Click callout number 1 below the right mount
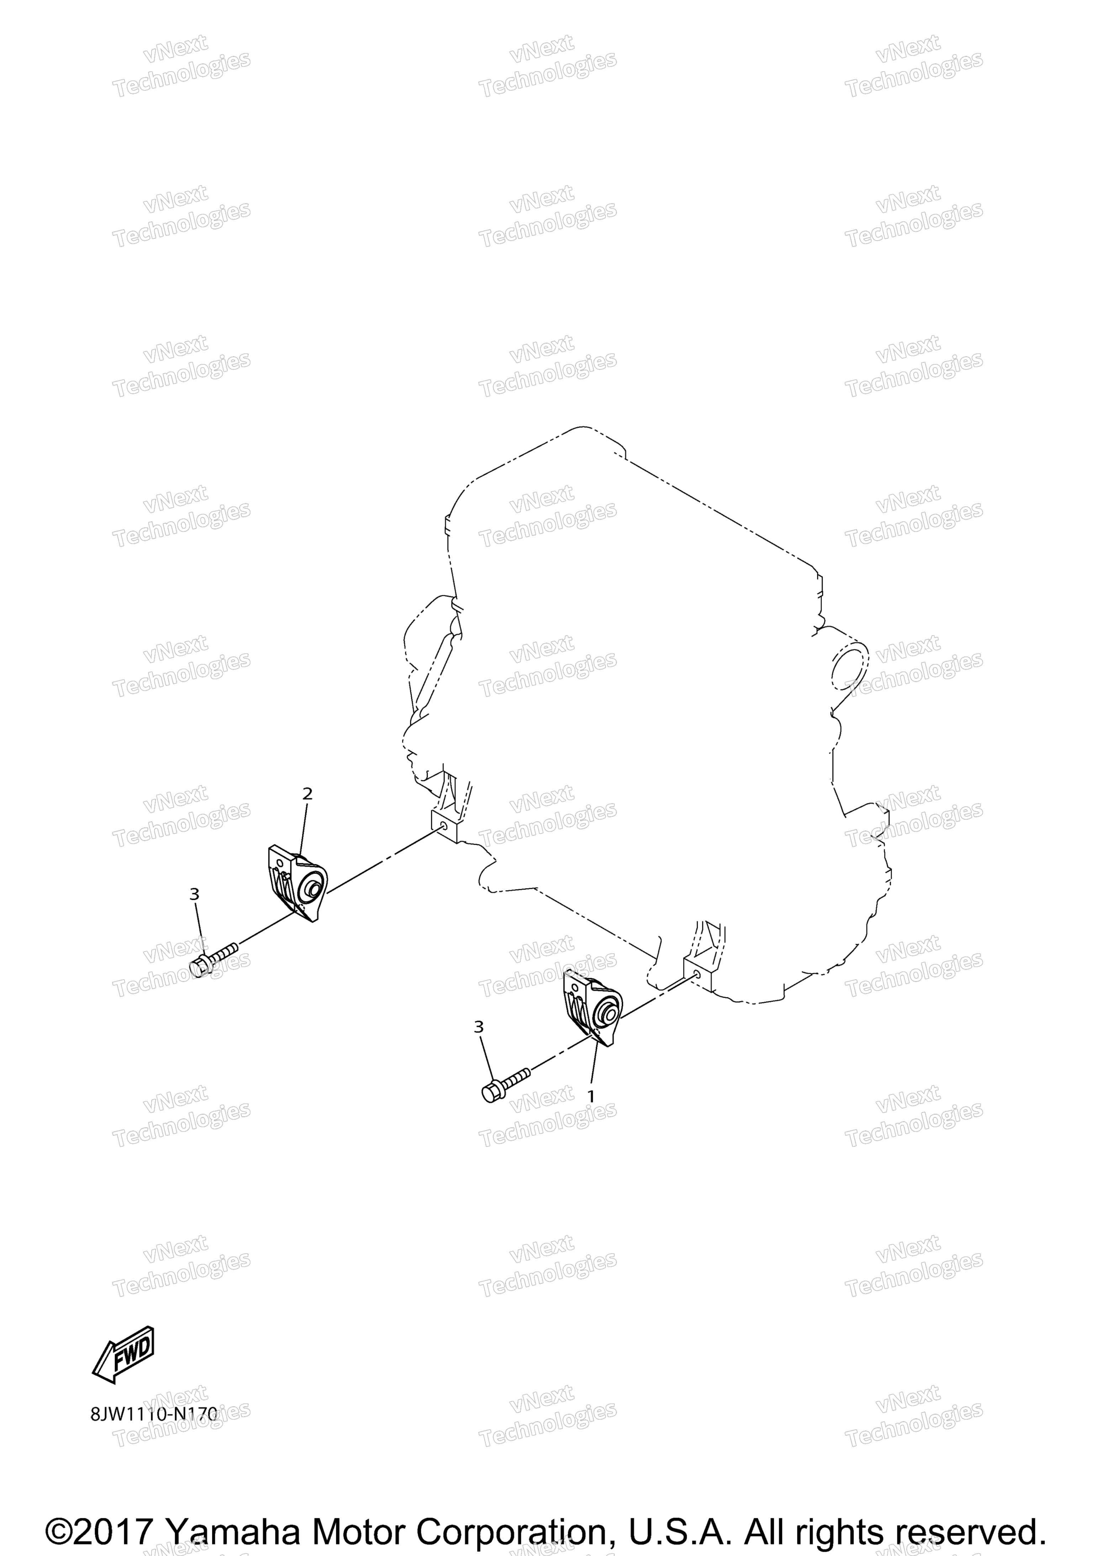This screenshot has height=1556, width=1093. [591, 1096]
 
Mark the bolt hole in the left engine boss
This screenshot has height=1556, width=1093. [444, 825]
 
